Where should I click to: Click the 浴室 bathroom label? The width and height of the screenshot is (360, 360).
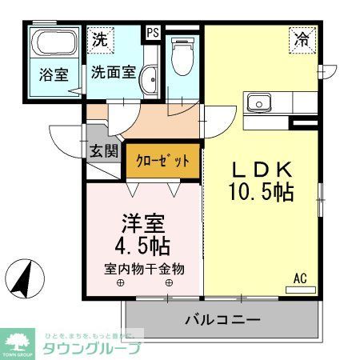[54, 75]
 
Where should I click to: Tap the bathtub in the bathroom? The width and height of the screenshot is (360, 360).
[54, 45]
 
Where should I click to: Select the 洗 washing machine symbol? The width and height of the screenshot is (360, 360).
[99, 38]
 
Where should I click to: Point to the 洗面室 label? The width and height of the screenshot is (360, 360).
[112, 71]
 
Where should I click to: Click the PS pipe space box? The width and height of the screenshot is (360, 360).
[153, 34]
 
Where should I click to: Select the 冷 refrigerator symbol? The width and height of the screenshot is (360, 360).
[302, 38]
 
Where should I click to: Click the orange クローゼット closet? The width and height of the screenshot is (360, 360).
[162, 161]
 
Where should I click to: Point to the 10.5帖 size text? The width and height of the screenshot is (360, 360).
[260, 193]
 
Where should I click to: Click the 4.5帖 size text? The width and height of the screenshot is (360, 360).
[144, 244]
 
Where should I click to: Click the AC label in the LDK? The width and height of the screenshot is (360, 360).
[300, 278]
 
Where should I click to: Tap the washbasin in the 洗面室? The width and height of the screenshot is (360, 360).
[149, 78]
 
